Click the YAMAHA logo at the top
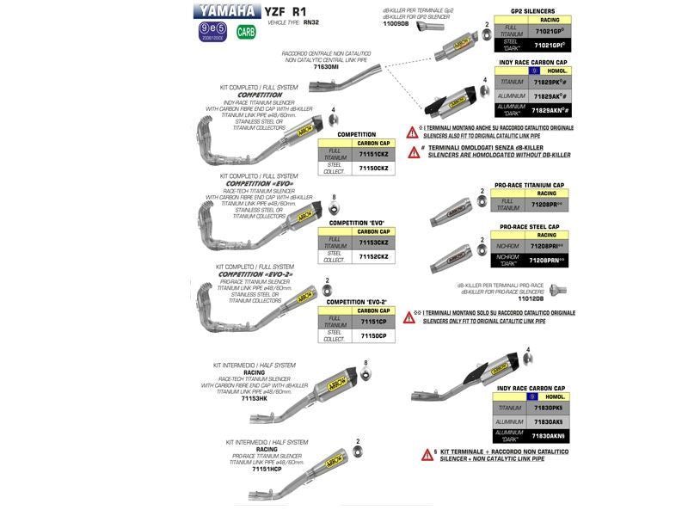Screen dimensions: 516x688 224,11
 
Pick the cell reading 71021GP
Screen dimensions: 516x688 548,30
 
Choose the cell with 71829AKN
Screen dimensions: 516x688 549,111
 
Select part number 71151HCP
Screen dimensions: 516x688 267,470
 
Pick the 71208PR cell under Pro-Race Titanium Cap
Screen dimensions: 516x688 547,205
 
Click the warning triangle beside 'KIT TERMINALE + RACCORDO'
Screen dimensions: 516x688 426,454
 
